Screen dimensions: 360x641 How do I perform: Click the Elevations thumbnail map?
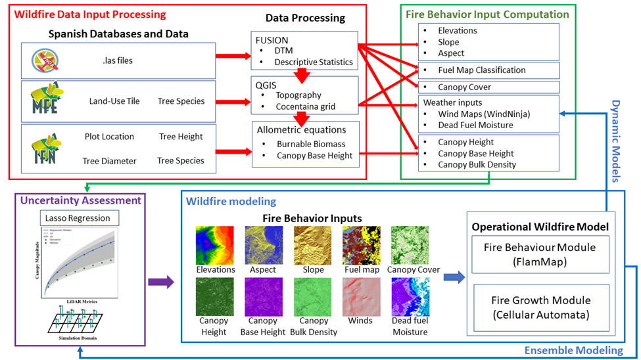[x=215, y=245]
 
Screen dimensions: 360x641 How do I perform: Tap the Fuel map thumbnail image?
[x=361, y=245]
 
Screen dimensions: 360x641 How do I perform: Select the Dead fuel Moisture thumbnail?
[x=410, y=296]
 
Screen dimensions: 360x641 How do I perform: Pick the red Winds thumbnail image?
[x=361, y=296]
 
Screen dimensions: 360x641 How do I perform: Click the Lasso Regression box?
[x=79, y=218]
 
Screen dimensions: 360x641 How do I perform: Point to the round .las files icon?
[x=44, y=60]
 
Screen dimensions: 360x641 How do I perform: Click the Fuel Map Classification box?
[x=488, y=70]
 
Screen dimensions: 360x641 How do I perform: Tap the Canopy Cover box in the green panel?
[x=488, y=87]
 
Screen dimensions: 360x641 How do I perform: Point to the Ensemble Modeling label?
[x=573, y=351]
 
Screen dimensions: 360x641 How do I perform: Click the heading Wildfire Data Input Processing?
[x=90, y=14]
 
